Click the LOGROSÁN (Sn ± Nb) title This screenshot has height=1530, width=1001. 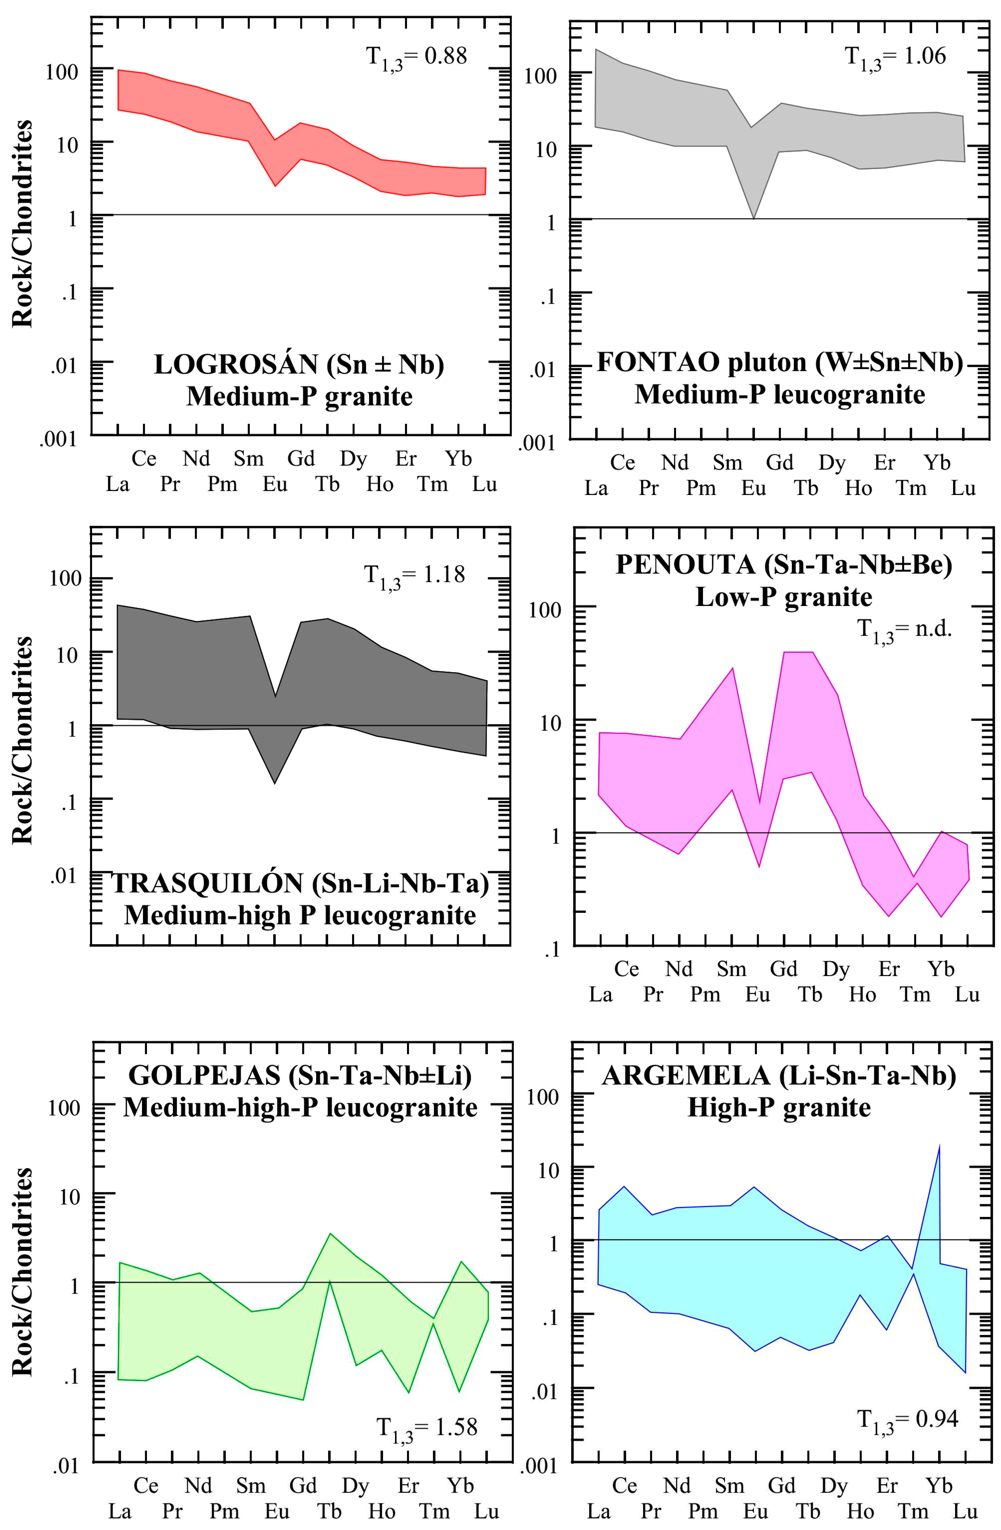[x=299, y=364]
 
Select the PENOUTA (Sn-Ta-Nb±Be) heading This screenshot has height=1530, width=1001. [x=784, y=565]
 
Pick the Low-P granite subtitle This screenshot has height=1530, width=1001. [x=784, y=597]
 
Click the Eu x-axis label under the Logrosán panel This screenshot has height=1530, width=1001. [x=275, y=484]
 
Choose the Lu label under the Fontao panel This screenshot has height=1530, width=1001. [x=963, y=488]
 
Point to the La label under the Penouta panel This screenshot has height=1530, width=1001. [x=600, y=994]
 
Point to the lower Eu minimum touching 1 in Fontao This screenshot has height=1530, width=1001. [x=753, y=218]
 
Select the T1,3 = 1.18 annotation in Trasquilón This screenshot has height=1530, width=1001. [x=414, y=575]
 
